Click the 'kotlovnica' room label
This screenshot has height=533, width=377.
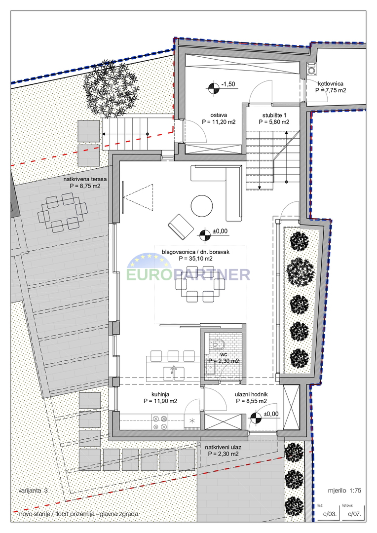tap(331, 83)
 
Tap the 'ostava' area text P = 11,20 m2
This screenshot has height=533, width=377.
tap(219, 122)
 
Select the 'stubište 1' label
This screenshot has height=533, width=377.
tap(274, 115)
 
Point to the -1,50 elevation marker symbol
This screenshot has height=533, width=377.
tap(213, 87)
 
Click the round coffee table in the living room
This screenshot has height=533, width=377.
tap(202, 206)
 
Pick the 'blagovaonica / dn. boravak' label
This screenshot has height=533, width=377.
tap(196, 252)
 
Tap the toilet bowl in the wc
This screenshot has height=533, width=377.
tap(218, 344)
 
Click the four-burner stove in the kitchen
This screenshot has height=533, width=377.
tap(160, 422)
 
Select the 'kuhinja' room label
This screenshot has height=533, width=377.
tap(160, 394)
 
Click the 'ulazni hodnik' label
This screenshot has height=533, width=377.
tap(251, 394)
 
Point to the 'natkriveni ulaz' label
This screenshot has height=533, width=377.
tap(222, 447)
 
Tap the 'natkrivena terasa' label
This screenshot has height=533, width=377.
tap(85, 179)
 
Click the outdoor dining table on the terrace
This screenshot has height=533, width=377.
tap(61, 212)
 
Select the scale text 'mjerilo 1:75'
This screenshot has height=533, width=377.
tap(344, 491)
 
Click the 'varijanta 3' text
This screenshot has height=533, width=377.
tap(34, 491)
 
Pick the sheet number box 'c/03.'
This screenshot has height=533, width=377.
tap(329, 514)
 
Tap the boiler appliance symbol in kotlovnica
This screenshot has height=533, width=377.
tap(311, 69)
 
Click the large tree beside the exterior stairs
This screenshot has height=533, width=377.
tap(111, 89)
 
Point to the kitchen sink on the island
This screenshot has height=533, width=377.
tap(173, 372)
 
